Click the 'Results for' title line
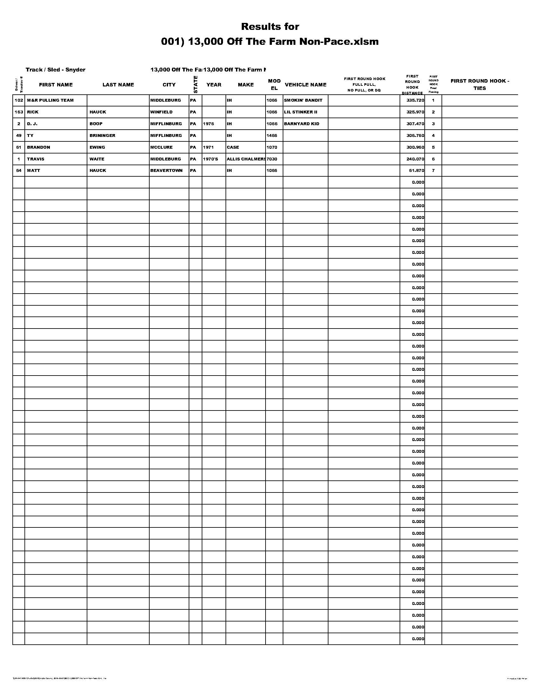click(x=270, y=27)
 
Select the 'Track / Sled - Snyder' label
click(x=55, y=70)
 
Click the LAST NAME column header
click(x=118, y=85)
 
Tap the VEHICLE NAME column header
click(x=306, y=85)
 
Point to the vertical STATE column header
click(x=195, y=85)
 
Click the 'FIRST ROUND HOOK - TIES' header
click(x=480, y=85)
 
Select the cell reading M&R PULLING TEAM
click(x=50, y=100)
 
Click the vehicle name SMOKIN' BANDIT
click(x=303, y=100)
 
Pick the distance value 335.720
click(x=415, y=100)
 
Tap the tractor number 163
click(x=19, y=112)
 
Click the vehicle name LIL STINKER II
click(x=300, y=112)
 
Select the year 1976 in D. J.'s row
click(x=208, y=124)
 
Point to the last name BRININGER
click(x=102, y=136)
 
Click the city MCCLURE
click(x=161, y=147)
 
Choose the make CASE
click(x=233, y=147)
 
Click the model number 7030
click(x=272, y=159)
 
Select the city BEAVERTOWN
click(x=166, y=171)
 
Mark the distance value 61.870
click(x=416, y=171)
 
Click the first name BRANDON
click(x=38, y=147)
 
